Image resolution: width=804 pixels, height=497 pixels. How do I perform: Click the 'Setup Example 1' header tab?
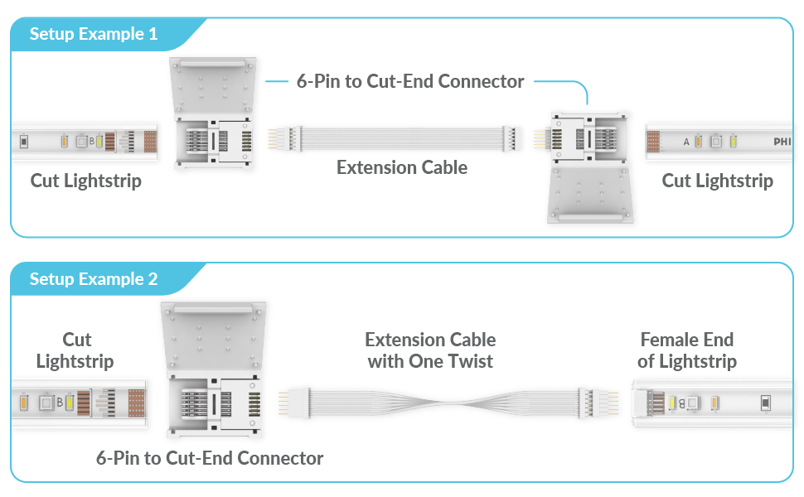93,35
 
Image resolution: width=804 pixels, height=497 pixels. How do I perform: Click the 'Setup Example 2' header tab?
93,279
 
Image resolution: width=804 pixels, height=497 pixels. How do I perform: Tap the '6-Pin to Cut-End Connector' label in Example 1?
410,81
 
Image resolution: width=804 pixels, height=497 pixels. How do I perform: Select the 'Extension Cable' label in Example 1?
402,167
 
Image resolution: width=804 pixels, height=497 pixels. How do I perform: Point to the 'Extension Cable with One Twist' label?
430,350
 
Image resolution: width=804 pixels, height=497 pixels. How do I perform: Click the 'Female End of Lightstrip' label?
687,350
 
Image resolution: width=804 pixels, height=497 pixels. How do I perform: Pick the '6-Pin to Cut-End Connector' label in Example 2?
210,458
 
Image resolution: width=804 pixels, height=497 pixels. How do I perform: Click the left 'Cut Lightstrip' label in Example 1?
86,181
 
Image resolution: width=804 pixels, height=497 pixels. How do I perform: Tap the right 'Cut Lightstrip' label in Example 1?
717,181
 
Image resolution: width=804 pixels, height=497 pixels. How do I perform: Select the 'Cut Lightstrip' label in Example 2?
75,350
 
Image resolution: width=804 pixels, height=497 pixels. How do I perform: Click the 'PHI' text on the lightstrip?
782,142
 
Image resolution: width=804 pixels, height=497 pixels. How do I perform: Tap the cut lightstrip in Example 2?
79,404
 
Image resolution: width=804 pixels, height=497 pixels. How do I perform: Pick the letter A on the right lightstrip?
686,142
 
